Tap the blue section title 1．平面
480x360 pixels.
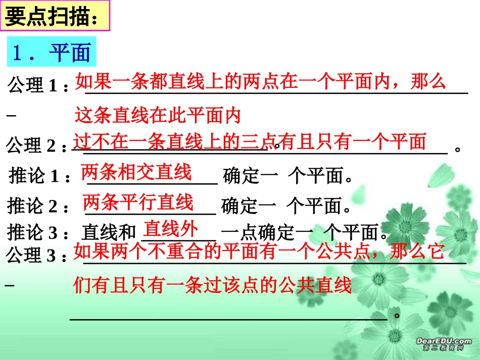pyautogui.click(x=51, y=52)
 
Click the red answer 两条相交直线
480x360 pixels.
pyautogui.click(x=136, y=172)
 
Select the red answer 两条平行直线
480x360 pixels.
pyautogui.click(x=138, y=202)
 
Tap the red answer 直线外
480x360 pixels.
pyautogui.click(x=170, y=229)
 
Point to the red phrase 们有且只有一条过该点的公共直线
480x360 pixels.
pyautogui.click(x=212, y=286)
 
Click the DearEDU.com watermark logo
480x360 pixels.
pyautogui.click(x=443, y=344)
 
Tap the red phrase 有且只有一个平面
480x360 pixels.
pyautogui.click(x=354, y=142)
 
